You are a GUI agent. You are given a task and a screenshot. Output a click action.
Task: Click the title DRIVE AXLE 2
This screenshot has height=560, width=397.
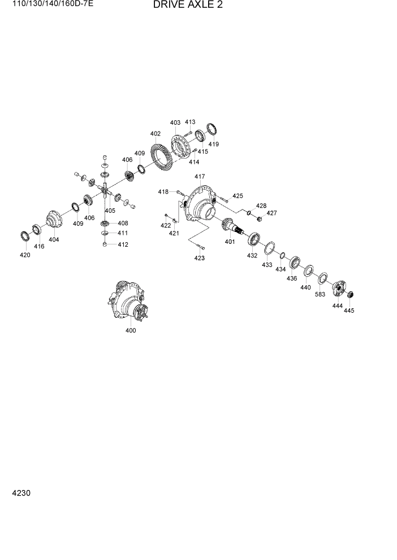tap(187, 6)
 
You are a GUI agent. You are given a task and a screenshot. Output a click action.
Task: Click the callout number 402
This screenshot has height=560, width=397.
tap(156, 134)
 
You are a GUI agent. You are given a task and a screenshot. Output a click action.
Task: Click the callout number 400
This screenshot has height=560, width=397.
tap(131, 331)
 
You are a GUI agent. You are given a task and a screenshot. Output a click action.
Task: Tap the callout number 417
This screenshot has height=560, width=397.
tap(200, 177)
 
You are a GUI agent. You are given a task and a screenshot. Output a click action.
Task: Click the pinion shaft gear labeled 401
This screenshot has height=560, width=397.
tap(232, 226)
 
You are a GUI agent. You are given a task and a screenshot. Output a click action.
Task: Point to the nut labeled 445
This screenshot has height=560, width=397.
tap(349, 294)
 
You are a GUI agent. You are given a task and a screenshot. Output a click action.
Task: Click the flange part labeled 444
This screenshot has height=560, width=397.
tap(339, 287)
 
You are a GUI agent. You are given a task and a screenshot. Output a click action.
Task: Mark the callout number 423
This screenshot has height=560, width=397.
tap(200, 258)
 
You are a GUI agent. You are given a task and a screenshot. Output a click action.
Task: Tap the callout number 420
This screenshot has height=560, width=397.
tap(25, 255)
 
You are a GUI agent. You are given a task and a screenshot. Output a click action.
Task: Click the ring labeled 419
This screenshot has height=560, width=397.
tap(212, 129)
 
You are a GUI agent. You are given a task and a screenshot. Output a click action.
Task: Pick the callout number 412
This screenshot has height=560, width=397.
tap(123, 244)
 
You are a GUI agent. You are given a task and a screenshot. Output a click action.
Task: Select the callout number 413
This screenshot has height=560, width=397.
tap(190, 122)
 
